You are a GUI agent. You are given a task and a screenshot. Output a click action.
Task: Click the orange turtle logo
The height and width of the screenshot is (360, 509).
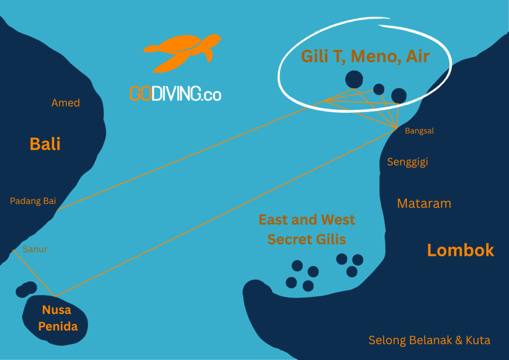pyautogui.click(x=182, y=53)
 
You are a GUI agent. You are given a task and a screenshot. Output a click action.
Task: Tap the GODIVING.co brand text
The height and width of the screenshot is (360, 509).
pyautogui.click(x=175, y=93)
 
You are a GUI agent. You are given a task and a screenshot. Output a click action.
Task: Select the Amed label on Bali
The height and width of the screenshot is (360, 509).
pyautogui.click(x=66, y=103)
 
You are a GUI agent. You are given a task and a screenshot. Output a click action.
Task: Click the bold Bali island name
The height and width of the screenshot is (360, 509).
pyautogui.click(x=45, y=144)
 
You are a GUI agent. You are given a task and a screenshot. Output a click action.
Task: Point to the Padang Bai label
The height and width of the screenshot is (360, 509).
pyautogui.click(x=33, y=201)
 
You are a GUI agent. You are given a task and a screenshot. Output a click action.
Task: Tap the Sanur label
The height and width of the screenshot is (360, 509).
pyautogui.click(x=35, y=249)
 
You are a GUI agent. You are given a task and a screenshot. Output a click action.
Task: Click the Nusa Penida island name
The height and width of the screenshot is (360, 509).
pyautogui.click(x=56, y=318)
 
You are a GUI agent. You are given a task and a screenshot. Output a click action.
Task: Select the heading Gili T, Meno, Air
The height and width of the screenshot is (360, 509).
pyautogui.click(x=365, y=56)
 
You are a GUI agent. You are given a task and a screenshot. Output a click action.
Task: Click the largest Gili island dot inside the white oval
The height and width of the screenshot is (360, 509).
pyautogui.click(x=353, y=79)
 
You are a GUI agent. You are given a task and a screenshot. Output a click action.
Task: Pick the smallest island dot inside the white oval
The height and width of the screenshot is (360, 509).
pyautogui.click(x=379, y=89)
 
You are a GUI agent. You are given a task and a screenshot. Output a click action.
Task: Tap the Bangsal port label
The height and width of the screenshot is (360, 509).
pyautogui.click(x=420, y=131)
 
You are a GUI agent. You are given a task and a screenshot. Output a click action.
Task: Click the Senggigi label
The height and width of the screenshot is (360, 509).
pyautogui.click(x=408, y=162)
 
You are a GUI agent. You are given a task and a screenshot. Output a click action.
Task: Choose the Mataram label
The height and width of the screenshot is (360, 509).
pyautogui.click(x=424, y=203)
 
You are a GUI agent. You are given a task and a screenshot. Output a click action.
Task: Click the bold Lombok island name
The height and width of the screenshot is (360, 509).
pyautogui.click(x=461, y=250)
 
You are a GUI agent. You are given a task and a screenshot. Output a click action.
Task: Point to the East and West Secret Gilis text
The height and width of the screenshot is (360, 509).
pyautogui.click(x=307, y=229)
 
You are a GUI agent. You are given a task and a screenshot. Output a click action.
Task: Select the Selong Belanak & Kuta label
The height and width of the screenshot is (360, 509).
pyautogui.click(x=429, y=341)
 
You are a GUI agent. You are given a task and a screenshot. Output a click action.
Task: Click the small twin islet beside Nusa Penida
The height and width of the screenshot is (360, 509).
pyautogui.click(x=26, y=289)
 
